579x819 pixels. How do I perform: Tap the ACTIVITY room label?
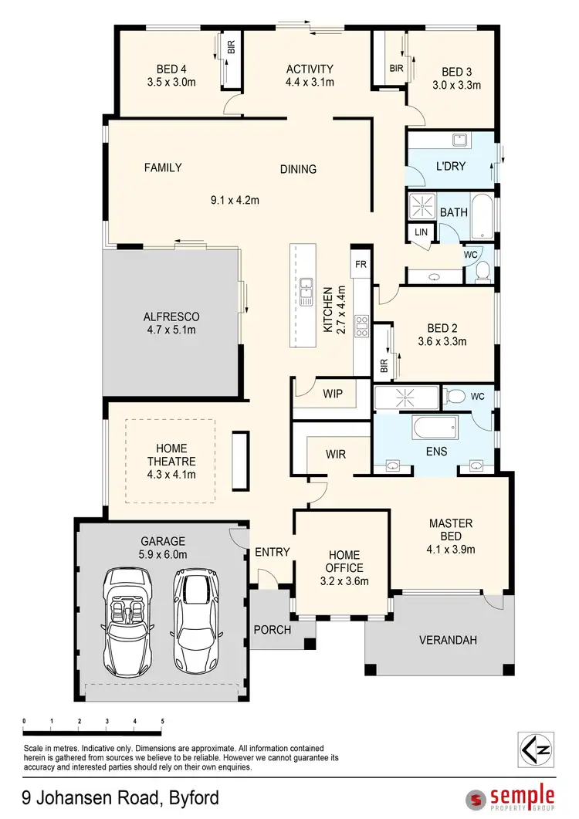pyautogui.click(x=309, y=69)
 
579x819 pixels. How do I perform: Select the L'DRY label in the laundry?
pyautogui.click(x=451, y=165)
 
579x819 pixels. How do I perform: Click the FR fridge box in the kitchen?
pyautogui.click(x=360, y=264)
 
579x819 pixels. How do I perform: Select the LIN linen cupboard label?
pyautogui.click(x=421, y=232)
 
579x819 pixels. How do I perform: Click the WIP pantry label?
pyautogui.click(x=333, y=394)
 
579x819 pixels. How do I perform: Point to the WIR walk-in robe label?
pyautogui.click(x=335, y=454)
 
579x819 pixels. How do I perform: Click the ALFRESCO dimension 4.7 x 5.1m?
pyautogui.click(x=171, y=330)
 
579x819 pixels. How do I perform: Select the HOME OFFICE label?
pyautogui.click(x=344, y=561)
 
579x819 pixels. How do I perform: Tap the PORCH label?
pyautogui.click(x=273, y=630)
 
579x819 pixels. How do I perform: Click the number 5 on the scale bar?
pyautogui.click(x=162, y=722)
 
